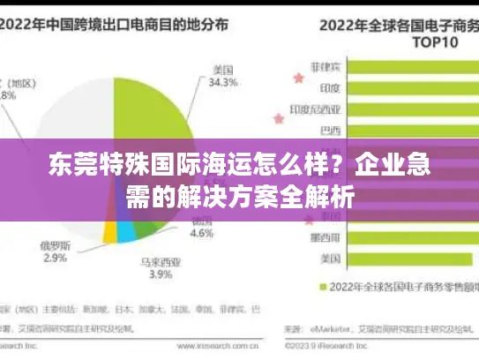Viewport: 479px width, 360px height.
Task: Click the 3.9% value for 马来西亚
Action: [x=161, y=274]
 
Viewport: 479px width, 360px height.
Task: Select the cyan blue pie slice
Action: [x=126, y=232]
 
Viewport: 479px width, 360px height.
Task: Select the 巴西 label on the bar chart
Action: [x=331, y=131]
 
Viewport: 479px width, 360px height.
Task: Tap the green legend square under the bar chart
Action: [x=322, y=287]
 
